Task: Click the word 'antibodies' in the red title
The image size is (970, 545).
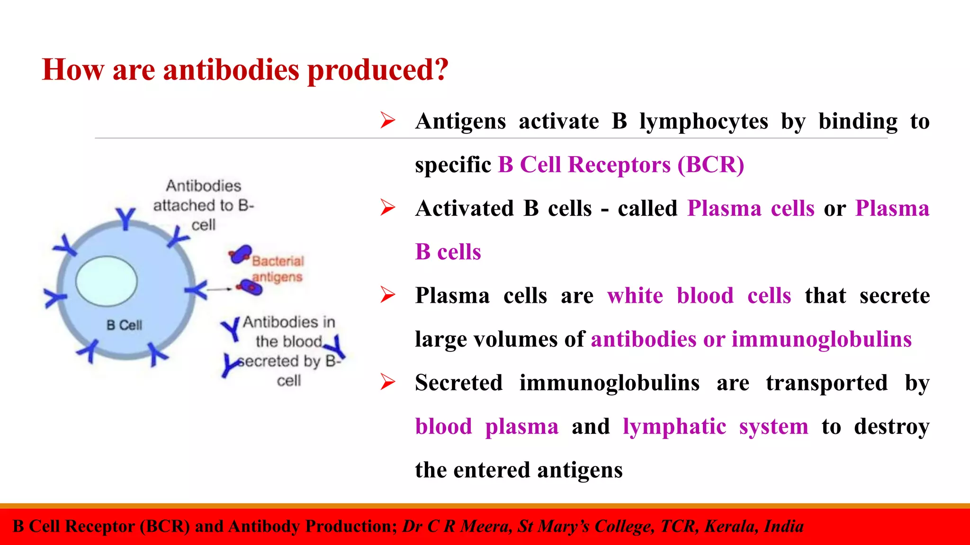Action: tap(231, 70)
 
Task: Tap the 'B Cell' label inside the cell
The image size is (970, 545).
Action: tap(124, 325)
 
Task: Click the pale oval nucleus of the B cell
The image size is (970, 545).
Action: tap(107, 282)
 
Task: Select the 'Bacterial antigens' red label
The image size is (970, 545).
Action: tap(278, 269)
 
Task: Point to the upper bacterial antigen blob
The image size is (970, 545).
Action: tap(241, 255)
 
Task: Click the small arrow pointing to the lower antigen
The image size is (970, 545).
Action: tap(219, 289)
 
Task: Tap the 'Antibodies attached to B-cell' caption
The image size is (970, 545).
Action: tap(204, 205)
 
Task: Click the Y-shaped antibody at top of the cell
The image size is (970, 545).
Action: tap(126, 218)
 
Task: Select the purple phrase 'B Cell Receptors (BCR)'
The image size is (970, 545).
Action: tap(621, 165)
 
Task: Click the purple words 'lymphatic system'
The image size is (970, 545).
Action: tap(715, 426)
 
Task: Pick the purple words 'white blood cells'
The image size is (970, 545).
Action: tap(699, 296)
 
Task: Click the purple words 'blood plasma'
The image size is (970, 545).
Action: tap(487, 426)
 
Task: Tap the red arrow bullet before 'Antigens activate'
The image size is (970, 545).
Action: tap(387, 121)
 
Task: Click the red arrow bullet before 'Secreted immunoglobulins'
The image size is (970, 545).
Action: tap(387, 382)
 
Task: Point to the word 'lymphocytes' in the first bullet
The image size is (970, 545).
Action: tap(704, 121)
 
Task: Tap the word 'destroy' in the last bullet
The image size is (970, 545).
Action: tap(891, 426)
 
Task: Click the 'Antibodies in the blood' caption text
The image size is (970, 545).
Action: tap(289, 332)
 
